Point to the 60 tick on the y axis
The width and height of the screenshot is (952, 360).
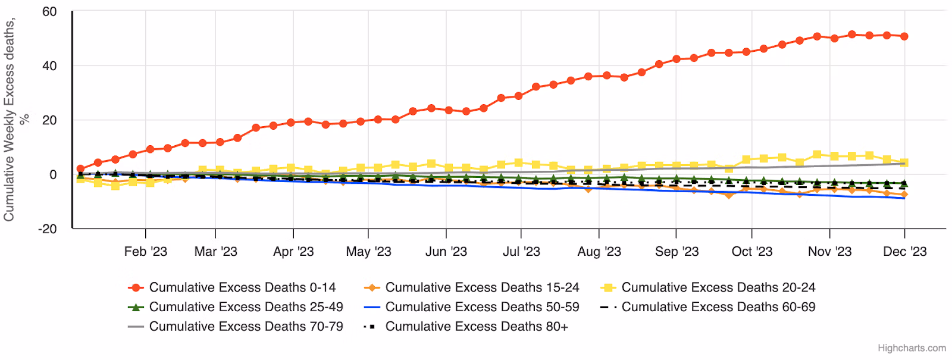[49, 12]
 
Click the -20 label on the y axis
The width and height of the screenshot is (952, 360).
[47, 229]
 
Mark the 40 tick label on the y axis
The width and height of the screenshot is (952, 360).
[49, 66]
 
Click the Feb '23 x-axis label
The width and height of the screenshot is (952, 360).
[146, 252]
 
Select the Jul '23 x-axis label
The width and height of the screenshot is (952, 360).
[521, 252]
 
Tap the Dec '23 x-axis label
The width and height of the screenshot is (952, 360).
[904, 252]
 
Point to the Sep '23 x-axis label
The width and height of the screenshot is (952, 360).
[677, 252]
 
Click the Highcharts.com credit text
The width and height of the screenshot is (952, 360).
[912, 348]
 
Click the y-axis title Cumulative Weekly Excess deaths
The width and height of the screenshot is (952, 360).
[10, 119]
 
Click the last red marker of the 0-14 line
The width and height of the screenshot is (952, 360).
[904, 36]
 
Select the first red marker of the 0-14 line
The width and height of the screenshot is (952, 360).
[80, 169]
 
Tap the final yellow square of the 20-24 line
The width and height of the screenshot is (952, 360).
[904, 162]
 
